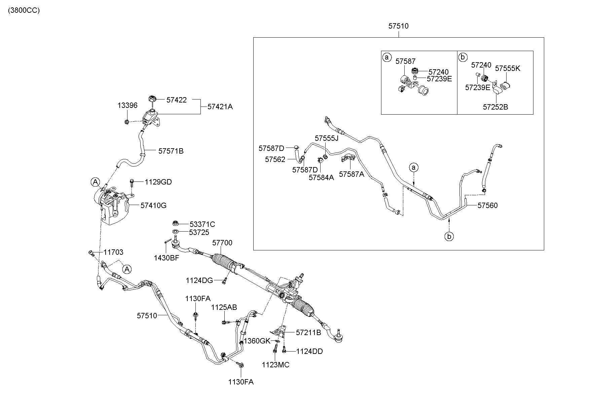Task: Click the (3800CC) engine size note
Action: pyautogui.click(x=24, y=10)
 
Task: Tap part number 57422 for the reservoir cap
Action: pyautogui.click(x=177, y=100)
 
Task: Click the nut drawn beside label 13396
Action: pyautogui.click(x=127, y=122)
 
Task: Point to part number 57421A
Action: pyautogui.click(x=220, y=107)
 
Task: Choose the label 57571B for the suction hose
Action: pyautogui.click(x=171, y=151)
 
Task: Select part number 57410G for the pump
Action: pyautogui.click(x=153, y=205)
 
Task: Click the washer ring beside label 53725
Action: pyautogui.click(x=175, y=232)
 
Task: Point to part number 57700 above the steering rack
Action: pyautogui.click(x=222, y=243)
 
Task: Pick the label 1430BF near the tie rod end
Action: pyautogui.click(x=166, y=258)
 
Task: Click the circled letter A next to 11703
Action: pyautogui.click(x=127, y=269)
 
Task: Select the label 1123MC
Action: pyautogui.click(x=275, y=365)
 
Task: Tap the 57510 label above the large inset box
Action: pyautogui.click(x=399, y=26)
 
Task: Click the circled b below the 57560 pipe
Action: pyautogui.click(x=449, y=237)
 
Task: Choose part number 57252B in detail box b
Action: pyautogui.click(x=495, y=107)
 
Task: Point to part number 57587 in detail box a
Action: pyautogui.click(x=406, y=61)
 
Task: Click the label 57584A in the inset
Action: pyautogui.click(x=322, y=178)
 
